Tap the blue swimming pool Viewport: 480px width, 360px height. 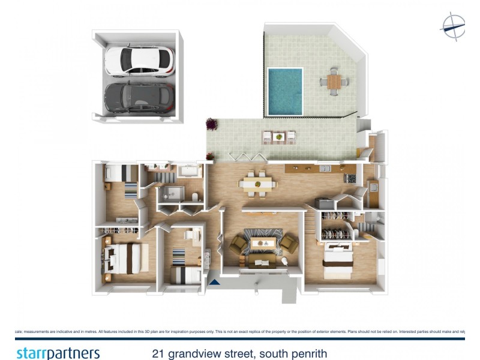tap(285, 91)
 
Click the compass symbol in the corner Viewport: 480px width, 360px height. tap(453, 26)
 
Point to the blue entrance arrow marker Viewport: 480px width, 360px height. tap(214, 280)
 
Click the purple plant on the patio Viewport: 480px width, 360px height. tap(212, 124)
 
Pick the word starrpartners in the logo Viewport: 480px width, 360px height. tap(58, 353)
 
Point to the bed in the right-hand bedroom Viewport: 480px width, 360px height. tap(338, 262)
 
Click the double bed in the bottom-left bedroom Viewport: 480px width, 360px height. tap(125, 258)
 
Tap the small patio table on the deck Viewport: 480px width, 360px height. tap(278, 137)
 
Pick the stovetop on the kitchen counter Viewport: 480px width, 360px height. tap(349, 178)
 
